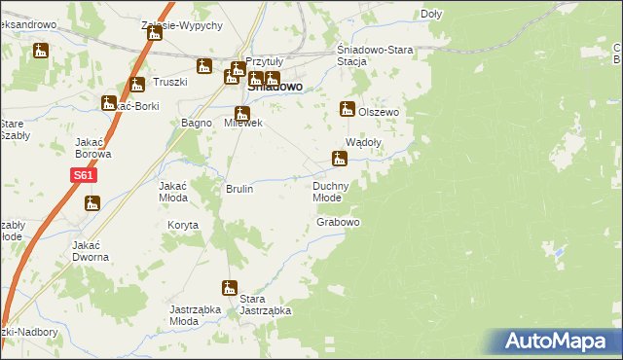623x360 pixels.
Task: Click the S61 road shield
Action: pos(83,176)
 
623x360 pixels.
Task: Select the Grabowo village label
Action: pos(339,223)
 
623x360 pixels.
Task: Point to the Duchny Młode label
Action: pos(332,191)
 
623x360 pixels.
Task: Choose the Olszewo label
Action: pos(380,112)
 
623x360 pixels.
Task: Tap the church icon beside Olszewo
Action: pos(346,110)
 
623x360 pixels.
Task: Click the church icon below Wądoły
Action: pos(340,158)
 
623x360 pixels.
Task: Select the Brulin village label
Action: pos(239,189)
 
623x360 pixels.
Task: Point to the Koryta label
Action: pos(182,225)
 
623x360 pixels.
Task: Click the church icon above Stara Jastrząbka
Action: pos(230,288)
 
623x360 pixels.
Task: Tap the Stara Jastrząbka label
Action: pos(266,305)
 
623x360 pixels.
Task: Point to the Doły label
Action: pos(431,14)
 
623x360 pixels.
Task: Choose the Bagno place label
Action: pos(198,123)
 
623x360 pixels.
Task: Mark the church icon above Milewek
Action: pos(241,114)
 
